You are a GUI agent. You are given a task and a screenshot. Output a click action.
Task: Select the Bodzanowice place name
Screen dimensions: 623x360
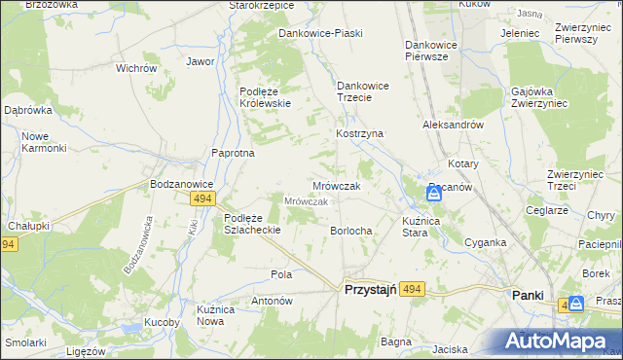tap(180, 183)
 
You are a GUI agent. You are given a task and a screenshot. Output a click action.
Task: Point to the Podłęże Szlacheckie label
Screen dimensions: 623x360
tap(252, 224)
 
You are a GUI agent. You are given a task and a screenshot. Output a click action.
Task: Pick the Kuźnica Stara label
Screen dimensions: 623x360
tap(429, 228)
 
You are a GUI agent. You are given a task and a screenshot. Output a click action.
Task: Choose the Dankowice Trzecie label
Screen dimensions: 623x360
tap(362, 91)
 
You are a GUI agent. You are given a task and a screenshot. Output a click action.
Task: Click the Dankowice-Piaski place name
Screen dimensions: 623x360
tap(320, 33)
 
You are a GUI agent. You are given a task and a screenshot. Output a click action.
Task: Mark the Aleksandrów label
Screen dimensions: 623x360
tap(453, 126)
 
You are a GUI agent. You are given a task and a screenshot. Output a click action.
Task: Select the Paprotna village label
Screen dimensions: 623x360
tap(234, 153)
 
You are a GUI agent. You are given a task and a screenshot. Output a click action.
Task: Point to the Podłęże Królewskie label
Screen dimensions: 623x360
tap(266, 97)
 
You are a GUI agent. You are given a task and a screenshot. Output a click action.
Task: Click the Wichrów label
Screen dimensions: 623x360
tap(136, 69)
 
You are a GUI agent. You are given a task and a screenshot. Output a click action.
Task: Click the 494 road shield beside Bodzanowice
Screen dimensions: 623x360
tap(202, 198)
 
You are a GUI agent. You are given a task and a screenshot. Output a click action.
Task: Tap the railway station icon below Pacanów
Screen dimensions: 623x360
tap(434, 194)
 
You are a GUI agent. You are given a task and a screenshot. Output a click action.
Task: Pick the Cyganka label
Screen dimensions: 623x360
tap(484, 242)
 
